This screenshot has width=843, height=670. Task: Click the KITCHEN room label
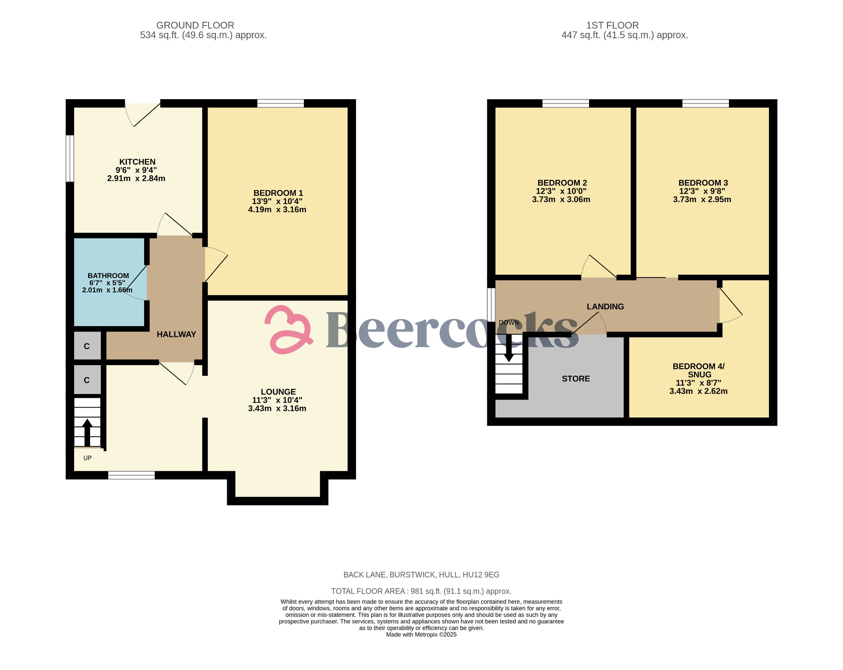137,162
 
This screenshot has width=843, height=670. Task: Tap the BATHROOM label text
108,276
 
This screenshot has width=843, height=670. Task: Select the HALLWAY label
176,334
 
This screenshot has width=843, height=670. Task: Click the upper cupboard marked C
87,346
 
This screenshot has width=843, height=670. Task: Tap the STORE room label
575,379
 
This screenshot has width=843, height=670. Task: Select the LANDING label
605,306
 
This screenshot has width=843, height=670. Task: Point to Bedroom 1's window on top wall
281,103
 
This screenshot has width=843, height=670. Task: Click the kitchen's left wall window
70,158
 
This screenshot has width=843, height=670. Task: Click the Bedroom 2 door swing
597,267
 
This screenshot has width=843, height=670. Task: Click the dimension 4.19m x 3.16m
277,209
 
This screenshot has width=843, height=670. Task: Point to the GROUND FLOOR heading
195,26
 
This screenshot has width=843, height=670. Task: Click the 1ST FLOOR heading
612,26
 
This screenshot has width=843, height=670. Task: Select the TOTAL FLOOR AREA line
421,591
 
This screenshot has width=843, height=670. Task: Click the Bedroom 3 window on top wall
706,103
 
